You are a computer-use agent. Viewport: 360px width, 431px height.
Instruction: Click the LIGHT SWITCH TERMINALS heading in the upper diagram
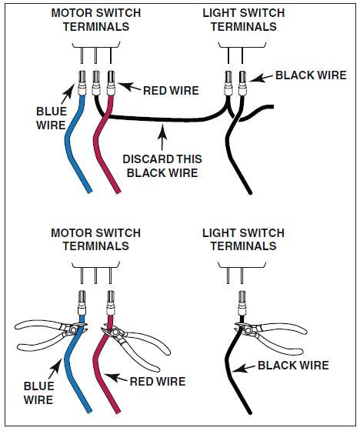tap(243, 19)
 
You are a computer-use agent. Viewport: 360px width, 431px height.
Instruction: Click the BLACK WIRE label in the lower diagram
tap(293, 366)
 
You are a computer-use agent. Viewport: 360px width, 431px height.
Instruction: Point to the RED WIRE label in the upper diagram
tap(171, 90)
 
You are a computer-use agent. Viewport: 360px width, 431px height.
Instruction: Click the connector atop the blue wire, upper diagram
tap(82, 80)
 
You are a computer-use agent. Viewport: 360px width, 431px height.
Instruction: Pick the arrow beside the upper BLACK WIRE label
tap(261, 76)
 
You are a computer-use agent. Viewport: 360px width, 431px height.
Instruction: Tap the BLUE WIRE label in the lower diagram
tap(38, 393)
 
